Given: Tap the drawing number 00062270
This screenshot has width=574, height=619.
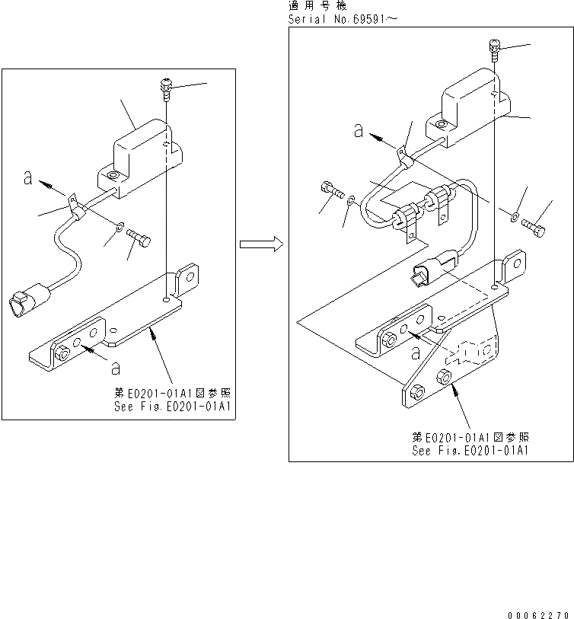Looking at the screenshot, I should tap(541, 614).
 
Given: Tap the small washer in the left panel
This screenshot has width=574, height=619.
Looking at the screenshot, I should tap(120, 227).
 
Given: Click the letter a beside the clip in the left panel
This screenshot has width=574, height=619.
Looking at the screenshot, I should tap(28, 179).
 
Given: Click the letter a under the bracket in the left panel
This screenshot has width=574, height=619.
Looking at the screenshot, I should tap(114, 369).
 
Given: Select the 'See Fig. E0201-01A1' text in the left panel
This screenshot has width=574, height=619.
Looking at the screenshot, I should tap(171, 406).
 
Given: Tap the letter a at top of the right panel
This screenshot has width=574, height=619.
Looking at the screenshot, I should tap(358, 131).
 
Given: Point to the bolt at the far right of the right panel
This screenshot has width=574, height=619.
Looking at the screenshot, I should tap(536, 225).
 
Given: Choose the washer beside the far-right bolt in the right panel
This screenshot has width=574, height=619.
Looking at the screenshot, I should tap(515, 218).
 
